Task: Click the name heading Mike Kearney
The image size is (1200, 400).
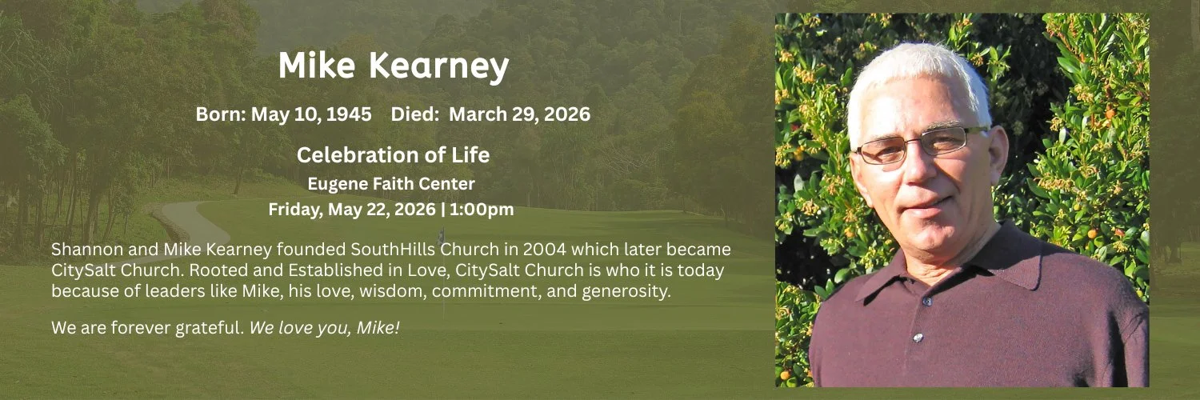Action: [x=394, y=66]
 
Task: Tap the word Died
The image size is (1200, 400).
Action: [x=415, y=114]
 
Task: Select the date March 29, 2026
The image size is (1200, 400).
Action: [x=520, y=114]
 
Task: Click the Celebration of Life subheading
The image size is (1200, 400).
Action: [x=394, y=154]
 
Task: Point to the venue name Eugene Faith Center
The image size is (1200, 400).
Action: [x=391, y=184]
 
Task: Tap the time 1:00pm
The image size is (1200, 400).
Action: [x=482, y=209]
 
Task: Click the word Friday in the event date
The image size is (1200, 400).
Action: [x=295, y=209]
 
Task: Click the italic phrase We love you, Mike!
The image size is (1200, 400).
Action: [x=325, y=328]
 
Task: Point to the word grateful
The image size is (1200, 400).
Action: [x=210, y=328]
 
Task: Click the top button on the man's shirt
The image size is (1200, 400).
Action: [x=927, y=302]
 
